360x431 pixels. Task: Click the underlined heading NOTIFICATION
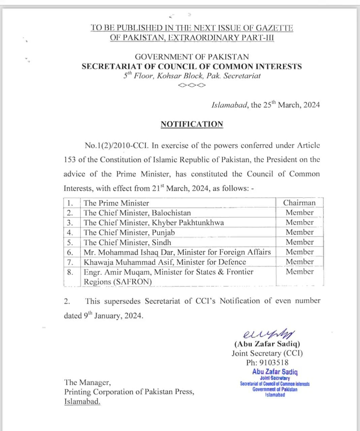(x=192, y=124)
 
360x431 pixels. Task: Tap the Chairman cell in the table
(x=299, y=203)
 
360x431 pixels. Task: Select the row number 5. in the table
(x=70, y=242)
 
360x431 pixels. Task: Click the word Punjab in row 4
(x=163, y=232)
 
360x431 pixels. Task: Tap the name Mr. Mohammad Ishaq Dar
(x=129, y=252)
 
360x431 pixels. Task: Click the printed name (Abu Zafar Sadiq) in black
(x=267, y=344)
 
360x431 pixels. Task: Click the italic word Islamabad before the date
(x=230, y=105)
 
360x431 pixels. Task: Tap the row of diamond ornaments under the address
(x=192, y=85)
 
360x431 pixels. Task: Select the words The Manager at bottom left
(x=87, y=383)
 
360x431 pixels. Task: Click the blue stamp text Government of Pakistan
(x=275, y=389)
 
